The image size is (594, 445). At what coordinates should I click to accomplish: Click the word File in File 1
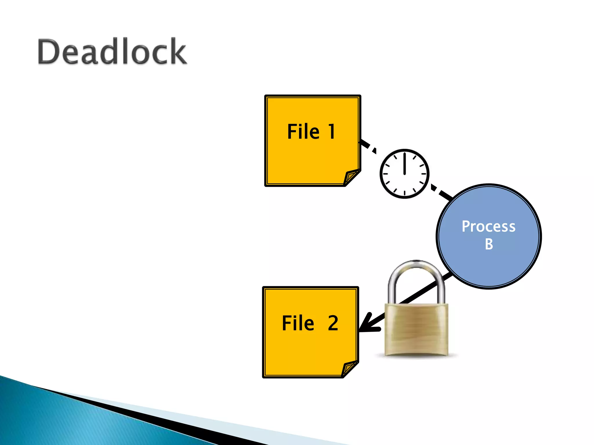303,132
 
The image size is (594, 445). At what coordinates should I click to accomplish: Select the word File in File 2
298,323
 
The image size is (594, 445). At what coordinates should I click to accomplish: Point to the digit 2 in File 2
333,323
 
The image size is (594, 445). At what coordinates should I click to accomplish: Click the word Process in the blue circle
488,226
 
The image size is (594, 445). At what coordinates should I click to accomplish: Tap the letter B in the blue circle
489,244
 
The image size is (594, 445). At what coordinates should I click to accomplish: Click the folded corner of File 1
352,177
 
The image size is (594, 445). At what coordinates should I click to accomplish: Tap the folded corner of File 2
349,368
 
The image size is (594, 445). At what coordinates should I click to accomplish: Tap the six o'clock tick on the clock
404,193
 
